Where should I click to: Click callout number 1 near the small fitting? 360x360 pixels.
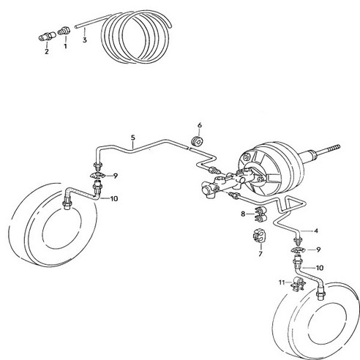coord(65,46)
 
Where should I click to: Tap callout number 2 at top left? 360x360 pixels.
coord(47,51)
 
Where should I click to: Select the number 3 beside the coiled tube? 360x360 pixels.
coord(85,40)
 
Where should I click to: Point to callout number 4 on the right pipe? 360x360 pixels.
coord(316,230)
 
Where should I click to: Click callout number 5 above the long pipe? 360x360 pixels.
coord(133,138)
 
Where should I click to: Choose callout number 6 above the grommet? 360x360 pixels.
coord(200,125)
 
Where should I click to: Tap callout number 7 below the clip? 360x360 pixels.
coord(260,254)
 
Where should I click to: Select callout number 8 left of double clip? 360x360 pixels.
coord(243,214)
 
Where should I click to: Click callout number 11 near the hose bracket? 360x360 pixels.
coord(282,282)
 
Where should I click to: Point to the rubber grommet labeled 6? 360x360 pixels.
coord(197,141)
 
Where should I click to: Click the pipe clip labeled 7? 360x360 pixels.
coord(260,236)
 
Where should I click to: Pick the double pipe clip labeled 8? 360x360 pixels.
coord(260,214)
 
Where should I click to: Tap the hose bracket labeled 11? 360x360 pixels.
coord(299,283)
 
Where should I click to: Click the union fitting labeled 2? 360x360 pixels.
coord(48,37)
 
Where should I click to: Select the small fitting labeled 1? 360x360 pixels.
coord(64,31)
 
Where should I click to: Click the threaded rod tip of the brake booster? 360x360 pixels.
coord(339,147)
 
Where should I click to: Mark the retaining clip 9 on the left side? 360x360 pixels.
coord(97,175)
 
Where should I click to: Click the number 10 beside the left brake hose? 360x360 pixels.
coord(114,199)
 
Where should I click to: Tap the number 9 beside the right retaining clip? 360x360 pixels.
coord(318,250)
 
